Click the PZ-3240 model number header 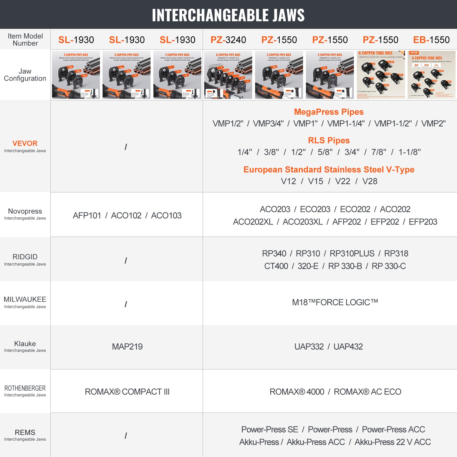228,40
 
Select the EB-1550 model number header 431,40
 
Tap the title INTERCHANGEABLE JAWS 228,15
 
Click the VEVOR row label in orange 25,143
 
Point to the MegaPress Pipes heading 329,112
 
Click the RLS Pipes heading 329,141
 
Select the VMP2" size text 433,124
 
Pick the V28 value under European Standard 370,181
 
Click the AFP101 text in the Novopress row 87,216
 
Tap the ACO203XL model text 302,222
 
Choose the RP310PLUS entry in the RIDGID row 352,254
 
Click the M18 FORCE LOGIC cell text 335,302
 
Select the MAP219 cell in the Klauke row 127,347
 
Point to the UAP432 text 348,347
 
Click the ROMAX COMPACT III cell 127,392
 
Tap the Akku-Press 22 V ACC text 392,442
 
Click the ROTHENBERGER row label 25,388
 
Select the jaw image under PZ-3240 228,75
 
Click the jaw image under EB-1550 431,75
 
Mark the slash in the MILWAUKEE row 126,304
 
